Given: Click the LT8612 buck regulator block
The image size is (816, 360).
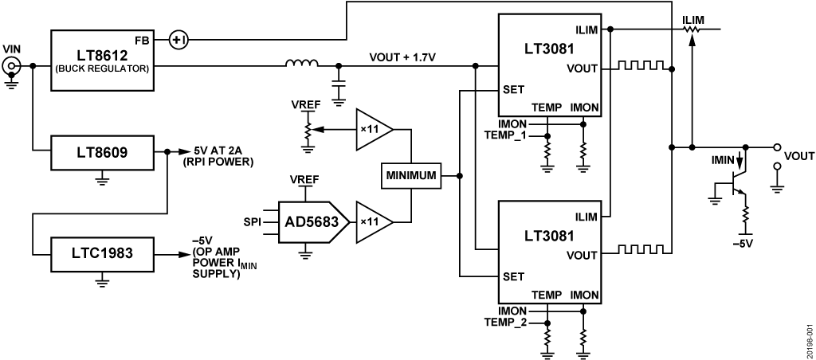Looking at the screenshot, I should tap(101, 54).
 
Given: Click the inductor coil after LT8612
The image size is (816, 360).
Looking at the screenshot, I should tap(302, 63).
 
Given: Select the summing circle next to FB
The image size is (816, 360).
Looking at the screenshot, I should tap(178, 39).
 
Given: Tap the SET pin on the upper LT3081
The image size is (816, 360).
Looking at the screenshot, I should tap(514, 90).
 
